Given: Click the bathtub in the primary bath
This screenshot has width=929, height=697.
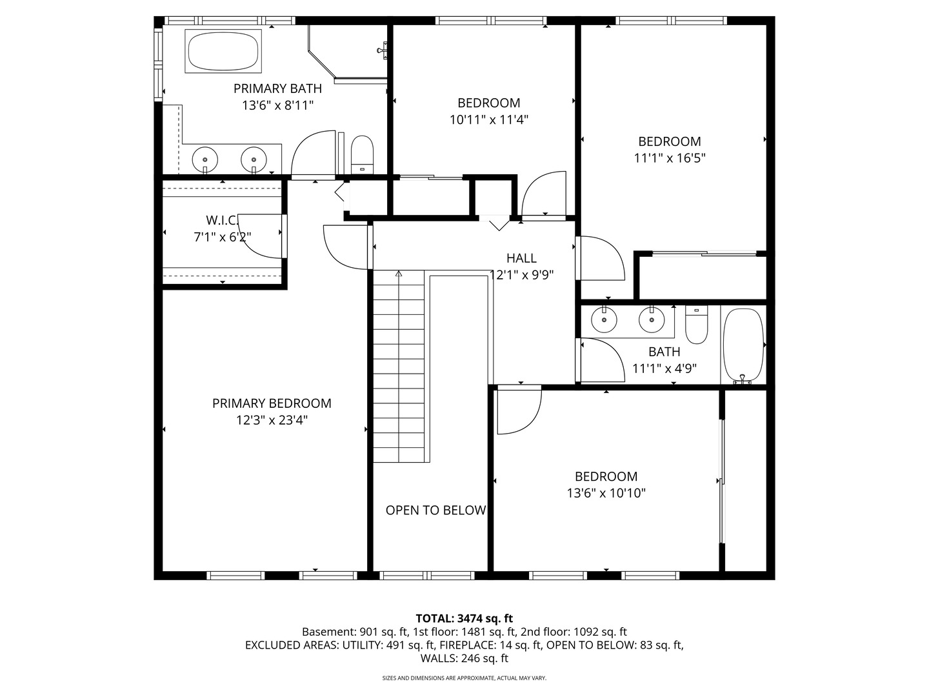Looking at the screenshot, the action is pos(223,51).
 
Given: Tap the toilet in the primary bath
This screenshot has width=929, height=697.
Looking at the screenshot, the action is pos(363,154).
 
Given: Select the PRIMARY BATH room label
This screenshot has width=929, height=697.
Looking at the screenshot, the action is pos(277,88).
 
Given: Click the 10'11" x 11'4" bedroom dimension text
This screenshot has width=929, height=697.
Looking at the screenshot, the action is pos(489,120).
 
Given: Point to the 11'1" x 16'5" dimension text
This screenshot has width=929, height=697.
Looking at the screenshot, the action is pos(670,158).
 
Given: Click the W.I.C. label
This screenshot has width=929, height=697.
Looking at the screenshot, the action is pos(222,220).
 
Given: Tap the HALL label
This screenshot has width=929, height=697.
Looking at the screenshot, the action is pos(521,258).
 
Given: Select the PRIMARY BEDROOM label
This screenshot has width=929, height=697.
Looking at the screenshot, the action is pos(272,403).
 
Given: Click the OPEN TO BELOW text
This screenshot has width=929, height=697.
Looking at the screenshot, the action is pos(435,510).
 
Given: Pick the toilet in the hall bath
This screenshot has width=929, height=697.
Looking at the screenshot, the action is pos(696,324).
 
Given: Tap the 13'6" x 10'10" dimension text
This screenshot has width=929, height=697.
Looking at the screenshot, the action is pos(606,494).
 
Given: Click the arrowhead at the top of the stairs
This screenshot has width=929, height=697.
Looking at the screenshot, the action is pos(398,274).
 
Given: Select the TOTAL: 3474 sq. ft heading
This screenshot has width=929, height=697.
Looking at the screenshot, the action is pos(464,619).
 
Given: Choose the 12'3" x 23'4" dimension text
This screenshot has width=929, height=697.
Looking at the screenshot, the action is pos(272,420).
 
